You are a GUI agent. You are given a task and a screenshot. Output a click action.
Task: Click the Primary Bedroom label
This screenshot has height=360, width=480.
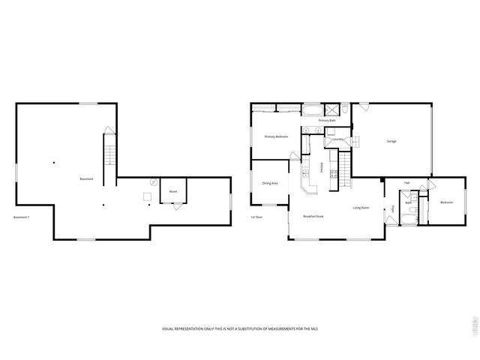coord(276,136)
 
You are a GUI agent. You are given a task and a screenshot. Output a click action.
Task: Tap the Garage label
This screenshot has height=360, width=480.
coord(391,141)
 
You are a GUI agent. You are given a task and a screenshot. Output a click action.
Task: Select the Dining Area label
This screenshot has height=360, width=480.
coord(270,183)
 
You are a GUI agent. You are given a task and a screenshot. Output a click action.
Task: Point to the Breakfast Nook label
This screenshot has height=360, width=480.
coord(313,216)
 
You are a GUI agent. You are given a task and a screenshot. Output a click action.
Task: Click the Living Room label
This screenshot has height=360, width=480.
coord(361,208)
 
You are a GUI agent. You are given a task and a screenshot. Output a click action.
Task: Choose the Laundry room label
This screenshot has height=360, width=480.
coord(337,139)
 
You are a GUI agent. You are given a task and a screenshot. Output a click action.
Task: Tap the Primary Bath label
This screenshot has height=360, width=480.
coord(327,120)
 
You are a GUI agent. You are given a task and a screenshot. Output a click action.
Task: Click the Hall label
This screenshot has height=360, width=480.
coord(406,183)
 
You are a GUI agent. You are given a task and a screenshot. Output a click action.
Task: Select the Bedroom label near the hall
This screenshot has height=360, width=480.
coord(447,202)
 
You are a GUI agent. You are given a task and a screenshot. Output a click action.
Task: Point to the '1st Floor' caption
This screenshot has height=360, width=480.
coord(256,217)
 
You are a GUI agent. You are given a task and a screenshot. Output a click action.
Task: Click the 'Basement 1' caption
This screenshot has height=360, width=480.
coord(21,217)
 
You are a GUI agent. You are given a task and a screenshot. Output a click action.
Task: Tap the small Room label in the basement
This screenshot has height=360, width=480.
coord(173,191)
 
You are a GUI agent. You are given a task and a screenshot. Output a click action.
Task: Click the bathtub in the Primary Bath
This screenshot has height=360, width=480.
coord(311,110)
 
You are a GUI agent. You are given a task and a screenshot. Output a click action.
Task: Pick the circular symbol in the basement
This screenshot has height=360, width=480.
coord(153,181)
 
